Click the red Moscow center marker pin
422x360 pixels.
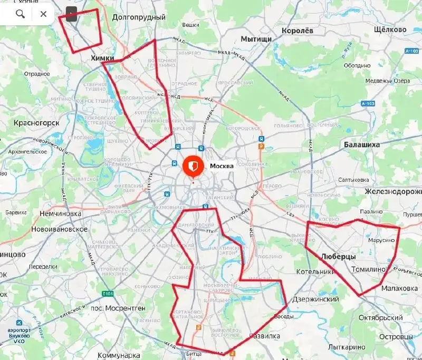pos(193,166)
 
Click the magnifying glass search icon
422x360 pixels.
pos(20,14)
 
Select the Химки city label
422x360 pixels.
pos(102,58)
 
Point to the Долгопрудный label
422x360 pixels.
pos(139,17)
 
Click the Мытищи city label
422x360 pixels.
pos(256,39)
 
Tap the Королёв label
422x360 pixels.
pos(298,31)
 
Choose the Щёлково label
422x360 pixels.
pos(389,30)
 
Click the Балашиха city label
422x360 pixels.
pos(361,144)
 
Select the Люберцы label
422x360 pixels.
pos(338,256)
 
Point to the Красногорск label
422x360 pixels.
pos(36,123)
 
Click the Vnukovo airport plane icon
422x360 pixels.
pos(20,323)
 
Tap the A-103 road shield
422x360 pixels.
pos(368,104)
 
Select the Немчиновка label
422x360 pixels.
pos(60,214)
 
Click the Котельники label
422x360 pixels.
pos(316,272)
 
